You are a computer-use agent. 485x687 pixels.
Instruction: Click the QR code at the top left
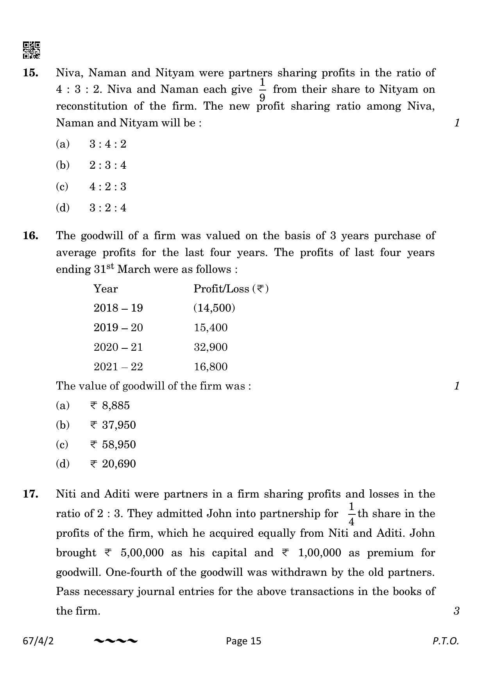(32, 50)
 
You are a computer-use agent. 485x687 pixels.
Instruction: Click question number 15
(30, 73)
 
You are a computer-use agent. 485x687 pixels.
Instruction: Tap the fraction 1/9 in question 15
(262, 90)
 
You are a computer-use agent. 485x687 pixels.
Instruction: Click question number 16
(30, 236)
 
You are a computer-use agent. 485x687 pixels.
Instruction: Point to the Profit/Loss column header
(231, 289)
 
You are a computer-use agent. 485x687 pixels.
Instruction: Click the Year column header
(106, 289)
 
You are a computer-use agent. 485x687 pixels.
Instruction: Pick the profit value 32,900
(211, 347)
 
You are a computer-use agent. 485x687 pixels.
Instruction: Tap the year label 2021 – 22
(118, 367)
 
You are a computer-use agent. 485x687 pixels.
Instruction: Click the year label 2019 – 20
(118, 328)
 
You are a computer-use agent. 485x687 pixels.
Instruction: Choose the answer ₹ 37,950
(113, 425)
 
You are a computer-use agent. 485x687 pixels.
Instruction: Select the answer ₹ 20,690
(113, 464)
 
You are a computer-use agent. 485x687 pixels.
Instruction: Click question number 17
(30, 494)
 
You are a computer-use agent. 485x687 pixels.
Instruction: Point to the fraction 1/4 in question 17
(351, 513)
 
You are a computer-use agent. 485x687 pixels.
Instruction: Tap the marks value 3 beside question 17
(456, 611)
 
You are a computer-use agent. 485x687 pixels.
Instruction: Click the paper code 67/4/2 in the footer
(38, 641)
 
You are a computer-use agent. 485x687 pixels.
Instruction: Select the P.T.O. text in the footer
(445, 641)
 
